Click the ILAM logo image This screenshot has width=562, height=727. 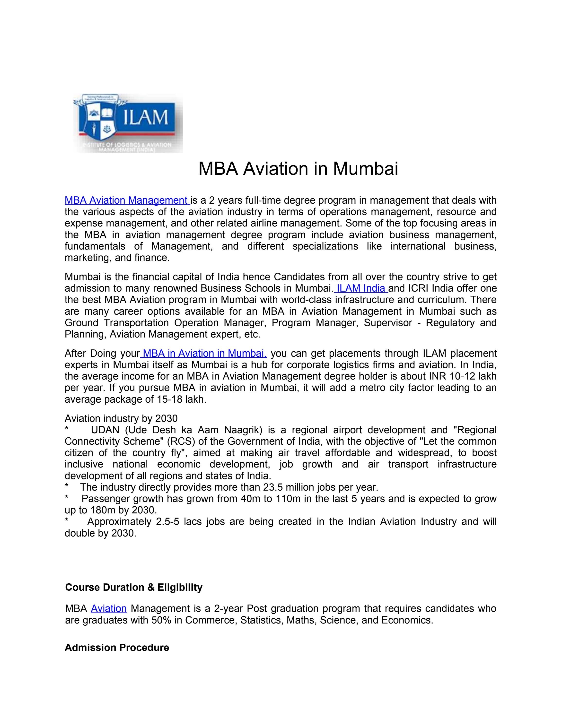tap(128, 123)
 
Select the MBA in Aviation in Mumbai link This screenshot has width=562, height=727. tap(204, 353)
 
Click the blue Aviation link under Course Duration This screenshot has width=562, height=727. tap(109, 608)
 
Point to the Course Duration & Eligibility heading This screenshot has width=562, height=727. tap(133, 587)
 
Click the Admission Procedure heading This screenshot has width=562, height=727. tap(117, 648)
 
